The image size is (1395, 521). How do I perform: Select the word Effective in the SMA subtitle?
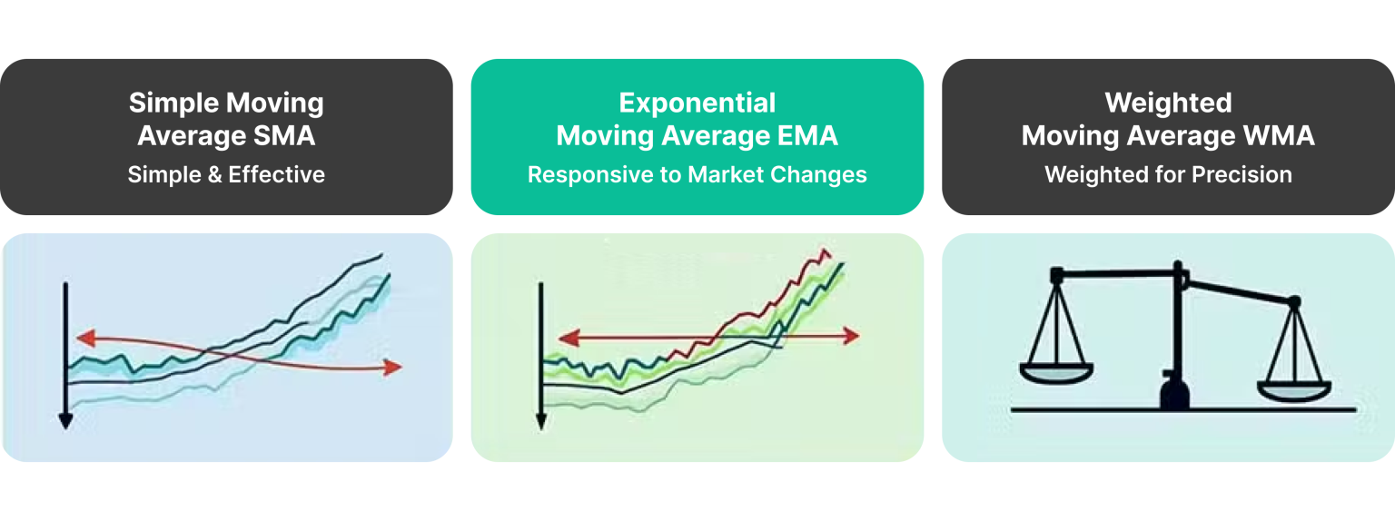coord(276,174)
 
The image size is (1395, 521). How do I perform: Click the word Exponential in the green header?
coord(697,103)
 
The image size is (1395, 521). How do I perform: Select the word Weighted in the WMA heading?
coord(1168,103)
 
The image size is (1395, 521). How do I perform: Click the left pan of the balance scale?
coord(1057,371)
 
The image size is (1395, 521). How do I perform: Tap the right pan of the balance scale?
coord(1293,389)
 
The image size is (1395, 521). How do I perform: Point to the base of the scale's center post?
coord(1178,396)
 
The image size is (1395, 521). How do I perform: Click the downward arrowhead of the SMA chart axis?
coord(65,419)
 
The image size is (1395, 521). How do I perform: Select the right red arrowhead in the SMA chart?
coord(392,368)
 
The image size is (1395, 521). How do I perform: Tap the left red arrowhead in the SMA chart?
coord(85,339)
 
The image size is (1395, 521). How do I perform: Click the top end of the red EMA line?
coord(826,251)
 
